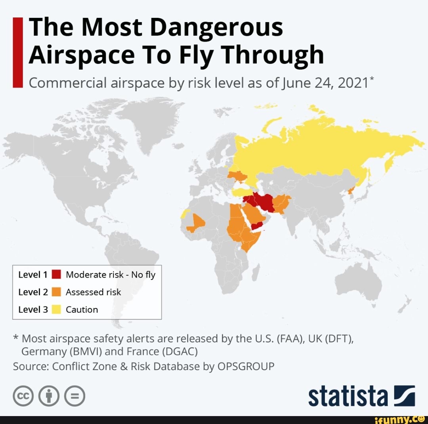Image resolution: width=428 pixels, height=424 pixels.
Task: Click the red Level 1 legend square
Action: pyautogui.click(x=56, y=274)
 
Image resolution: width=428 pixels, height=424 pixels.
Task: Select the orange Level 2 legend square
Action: pyautogui.click(x=56, y=292)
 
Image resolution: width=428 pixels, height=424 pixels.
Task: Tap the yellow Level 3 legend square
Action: pyautogui.click(x=56, y=309)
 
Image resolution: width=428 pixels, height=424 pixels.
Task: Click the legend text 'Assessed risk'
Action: pyautogui.click(x=93, y=292)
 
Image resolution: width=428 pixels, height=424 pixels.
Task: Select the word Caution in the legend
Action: pyautogui.click(x=82, y=309)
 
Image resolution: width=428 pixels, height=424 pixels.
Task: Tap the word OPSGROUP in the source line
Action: pyautogui.click(x=246, y=366)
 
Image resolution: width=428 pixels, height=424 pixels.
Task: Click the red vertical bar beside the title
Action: pyautogui.click(x=17, y=52)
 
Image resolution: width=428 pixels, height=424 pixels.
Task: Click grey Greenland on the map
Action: pyautogui.click(x=151, y=119)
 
